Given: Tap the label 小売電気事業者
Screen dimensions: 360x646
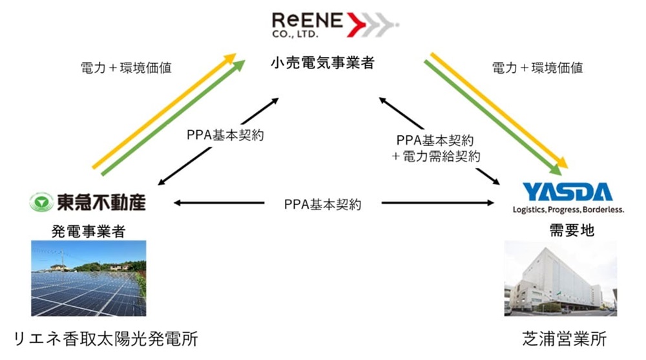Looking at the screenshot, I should tap(322, 63).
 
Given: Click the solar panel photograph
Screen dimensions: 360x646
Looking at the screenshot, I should tap(88, 278).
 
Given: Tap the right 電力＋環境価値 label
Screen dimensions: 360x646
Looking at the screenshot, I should tap(537, 67).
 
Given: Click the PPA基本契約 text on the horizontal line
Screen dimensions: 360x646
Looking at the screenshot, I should tap(322, 204).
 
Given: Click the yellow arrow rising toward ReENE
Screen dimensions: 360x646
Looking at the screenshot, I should tap(161, 110).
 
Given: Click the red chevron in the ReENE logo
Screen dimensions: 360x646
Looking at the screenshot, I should tap(357, 23).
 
